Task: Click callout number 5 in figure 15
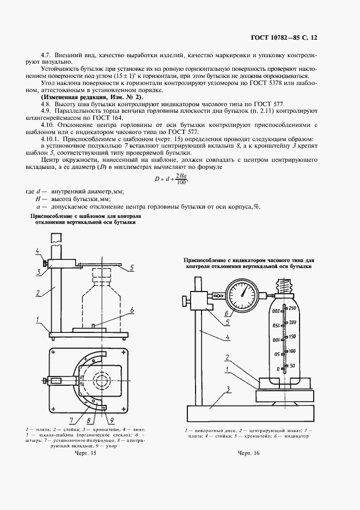pos(131,267)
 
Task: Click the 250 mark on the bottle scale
pos(292,309)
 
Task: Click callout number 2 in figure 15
pos(39,293)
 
